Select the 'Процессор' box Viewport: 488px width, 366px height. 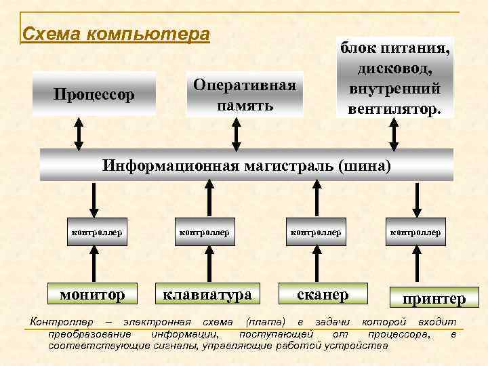tap(95, 94)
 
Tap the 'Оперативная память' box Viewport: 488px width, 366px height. tap(245, 95)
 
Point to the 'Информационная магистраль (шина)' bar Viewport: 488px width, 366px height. tap(246, 165)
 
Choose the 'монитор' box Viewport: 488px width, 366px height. tap(93, 294)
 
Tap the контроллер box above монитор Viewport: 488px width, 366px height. tap(97, 232)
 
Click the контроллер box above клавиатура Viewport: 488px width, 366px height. tap(203, 232)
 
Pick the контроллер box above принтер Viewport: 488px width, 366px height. tap(415, 232)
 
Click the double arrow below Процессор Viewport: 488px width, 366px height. tap(79, 133)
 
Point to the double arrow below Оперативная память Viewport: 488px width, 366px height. tap(236, 133)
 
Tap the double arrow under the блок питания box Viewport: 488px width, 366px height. tap(394, 133)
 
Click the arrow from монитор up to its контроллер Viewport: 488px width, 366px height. tap(95, 264)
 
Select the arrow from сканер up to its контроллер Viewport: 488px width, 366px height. tap(316, 264)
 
